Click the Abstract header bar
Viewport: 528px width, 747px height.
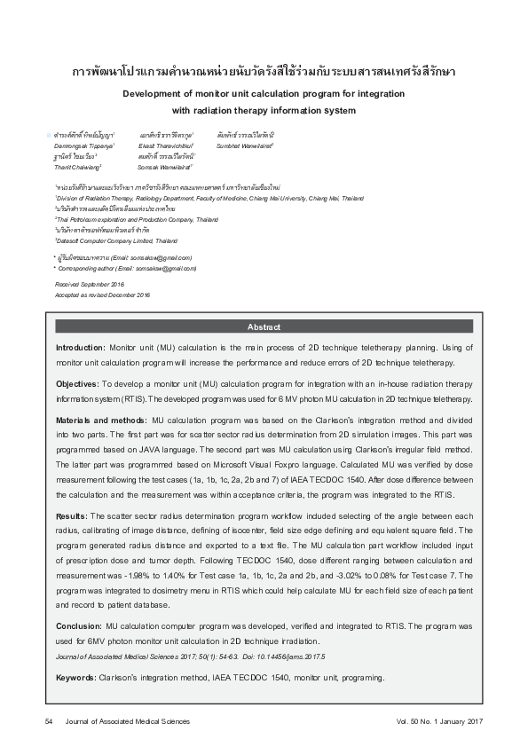coord(264,326)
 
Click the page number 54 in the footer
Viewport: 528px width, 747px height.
coord(50,721)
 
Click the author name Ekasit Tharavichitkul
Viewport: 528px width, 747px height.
coord(167,144)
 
